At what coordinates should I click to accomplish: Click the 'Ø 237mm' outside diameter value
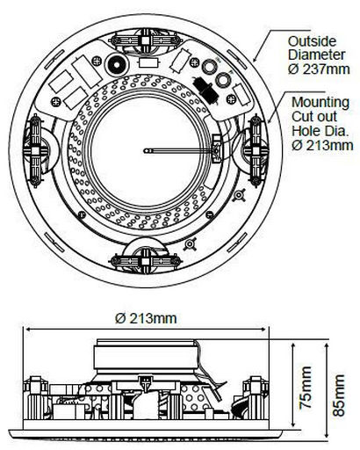coord(319,69)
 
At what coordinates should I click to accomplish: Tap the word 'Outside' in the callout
coord(312,41)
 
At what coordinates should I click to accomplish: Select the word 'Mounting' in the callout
coord(320,103)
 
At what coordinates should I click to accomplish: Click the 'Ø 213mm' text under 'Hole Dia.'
coord(322,145)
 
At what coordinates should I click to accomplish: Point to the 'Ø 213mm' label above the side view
coord(146,318)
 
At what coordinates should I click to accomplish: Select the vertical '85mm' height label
coord(339,395)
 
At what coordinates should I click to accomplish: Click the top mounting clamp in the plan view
coord(146,40)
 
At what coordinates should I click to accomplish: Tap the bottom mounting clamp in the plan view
coord(146,260)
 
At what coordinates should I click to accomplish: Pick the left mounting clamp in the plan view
coord(35,151)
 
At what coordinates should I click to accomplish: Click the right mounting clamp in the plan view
coord(256,151)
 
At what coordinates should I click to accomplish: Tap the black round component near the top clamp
coord(117,64)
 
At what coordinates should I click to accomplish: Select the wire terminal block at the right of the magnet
coord(216,149)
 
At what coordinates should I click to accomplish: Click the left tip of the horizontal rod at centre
coord(145,151)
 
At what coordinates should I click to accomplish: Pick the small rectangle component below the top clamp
coord(149,63)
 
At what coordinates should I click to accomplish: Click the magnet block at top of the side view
coord(146,354)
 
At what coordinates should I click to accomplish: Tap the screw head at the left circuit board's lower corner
coord(55,102)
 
